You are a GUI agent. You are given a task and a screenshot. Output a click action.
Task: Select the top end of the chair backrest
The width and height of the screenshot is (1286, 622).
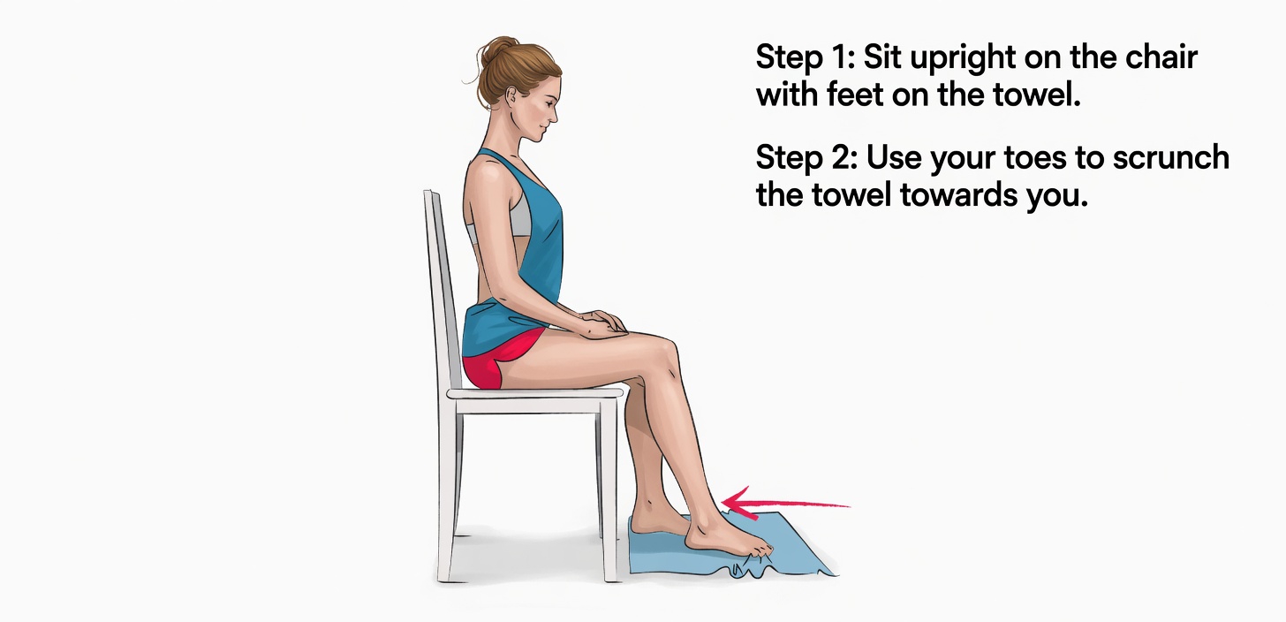click(x=430, y=197)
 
